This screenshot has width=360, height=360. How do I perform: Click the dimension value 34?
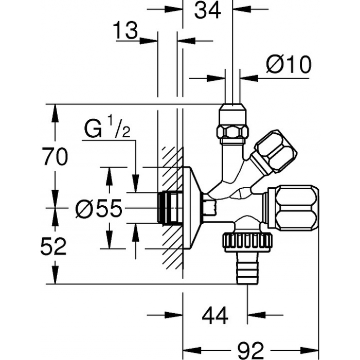(x=207, y=11)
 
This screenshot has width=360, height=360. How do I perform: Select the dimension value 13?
(x=125, y=30)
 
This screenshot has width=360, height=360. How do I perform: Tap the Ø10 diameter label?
(x=289, y=64)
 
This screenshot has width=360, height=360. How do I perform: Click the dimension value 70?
(x=55, y=156)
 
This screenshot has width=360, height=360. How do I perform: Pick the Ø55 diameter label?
(x=99, y=208)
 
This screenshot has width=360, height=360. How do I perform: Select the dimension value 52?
(x=53, y=246)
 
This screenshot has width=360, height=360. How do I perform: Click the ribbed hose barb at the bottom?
(x=247, y=268)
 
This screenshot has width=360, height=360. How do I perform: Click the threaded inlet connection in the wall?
(x=170, y=208)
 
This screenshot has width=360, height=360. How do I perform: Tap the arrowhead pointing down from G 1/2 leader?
(x=136, y=183)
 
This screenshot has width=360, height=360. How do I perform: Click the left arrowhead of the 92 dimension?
(x=192, y=350)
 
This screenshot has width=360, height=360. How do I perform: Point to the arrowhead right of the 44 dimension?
(x=256, y=315)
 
